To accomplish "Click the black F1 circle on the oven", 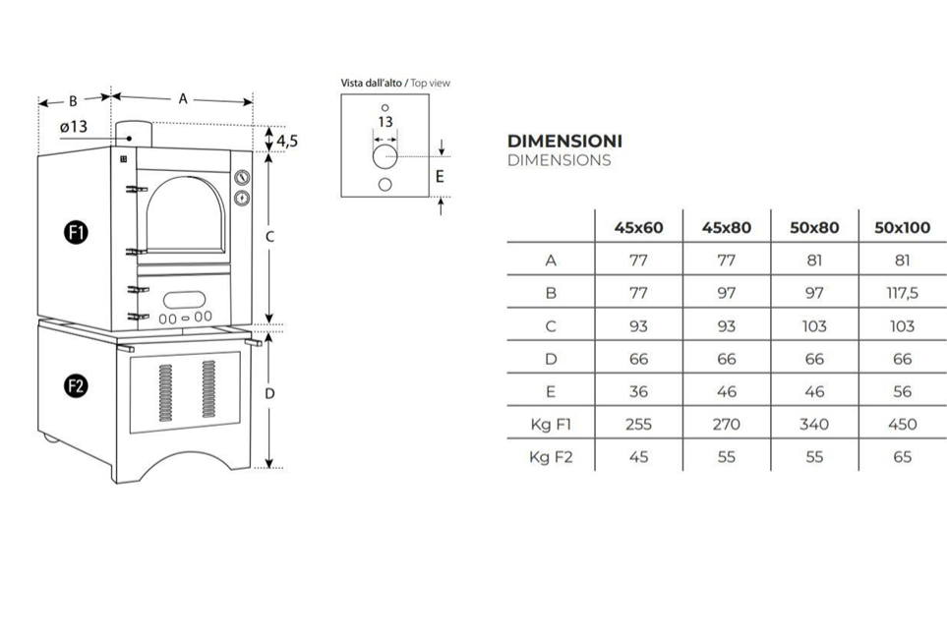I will pos(77,233).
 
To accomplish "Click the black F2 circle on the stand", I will pos(77,386).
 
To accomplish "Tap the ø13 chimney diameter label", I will pos(73,126).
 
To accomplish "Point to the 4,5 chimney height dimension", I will pos(287,141).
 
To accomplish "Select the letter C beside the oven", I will pos(269,237).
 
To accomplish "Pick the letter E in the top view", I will pos(440,177).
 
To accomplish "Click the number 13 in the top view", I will pos(385,122).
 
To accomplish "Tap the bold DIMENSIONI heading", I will pos(564,141).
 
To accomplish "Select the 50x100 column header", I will pos(902,227).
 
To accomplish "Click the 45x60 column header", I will pos(638,227).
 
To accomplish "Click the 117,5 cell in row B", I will pos(902,293).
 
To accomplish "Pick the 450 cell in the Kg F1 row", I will pos(902,424).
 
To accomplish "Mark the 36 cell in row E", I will pos(638,391).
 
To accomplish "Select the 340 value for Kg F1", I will pos(814,424).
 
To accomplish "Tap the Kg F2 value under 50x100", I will pos(902,456).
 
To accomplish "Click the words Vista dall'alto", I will pos(372,84).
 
